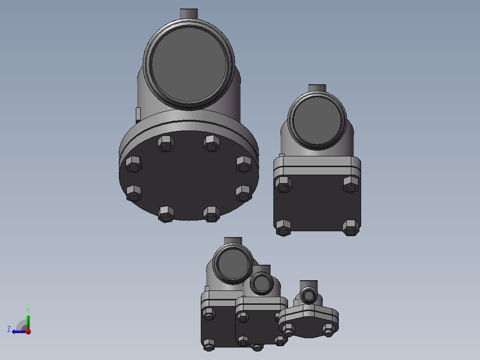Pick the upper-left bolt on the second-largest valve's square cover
[283, 184]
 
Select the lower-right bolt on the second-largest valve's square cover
[350, 228]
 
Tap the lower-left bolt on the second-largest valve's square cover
[283, 228]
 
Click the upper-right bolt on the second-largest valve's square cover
[351, 184]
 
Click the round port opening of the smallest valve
[308, 295]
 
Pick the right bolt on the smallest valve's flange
[329, 330]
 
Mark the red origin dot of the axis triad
[28, 331]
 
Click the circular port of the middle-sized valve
[232, 266]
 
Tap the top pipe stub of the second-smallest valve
[261, 268]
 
